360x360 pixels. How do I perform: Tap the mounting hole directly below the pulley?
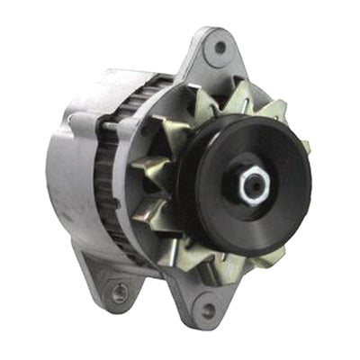[209, 310]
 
